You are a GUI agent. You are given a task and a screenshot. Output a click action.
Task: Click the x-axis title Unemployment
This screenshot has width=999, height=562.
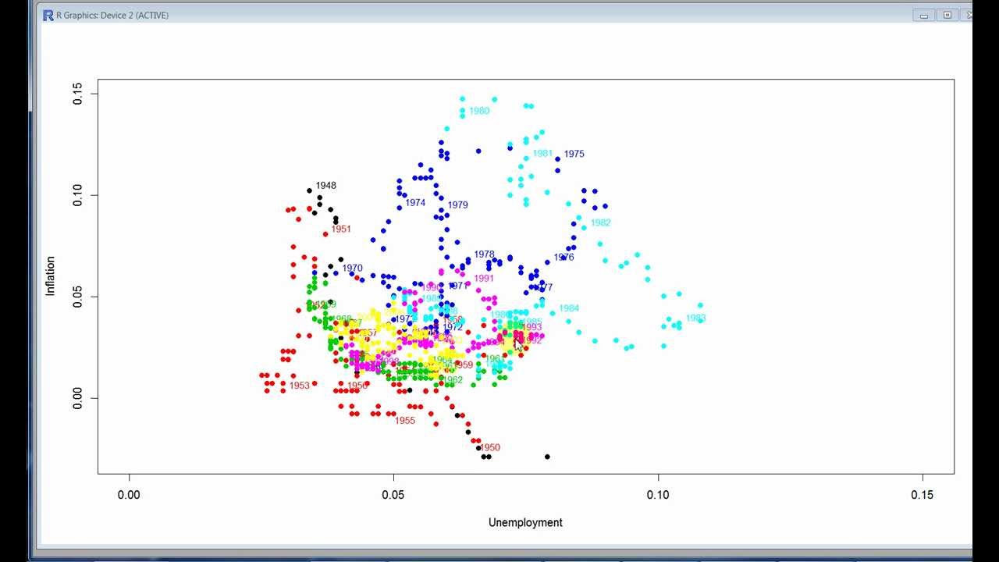[525, 522]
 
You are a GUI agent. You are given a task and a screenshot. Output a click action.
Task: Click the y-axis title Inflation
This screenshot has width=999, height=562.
[51, 276]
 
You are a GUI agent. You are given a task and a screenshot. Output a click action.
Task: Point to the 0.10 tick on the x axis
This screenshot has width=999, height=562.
[658, 493]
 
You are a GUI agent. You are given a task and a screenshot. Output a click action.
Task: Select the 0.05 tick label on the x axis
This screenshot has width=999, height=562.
[393, 493]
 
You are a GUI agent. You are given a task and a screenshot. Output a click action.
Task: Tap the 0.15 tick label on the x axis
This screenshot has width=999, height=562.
[923, 493]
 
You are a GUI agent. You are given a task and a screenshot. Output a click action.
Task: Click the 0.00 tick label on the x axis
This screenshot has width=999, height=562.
[129, 493]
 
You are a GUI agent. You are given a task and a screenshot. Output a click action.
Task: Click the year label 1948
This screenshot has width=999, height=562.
[326, 186]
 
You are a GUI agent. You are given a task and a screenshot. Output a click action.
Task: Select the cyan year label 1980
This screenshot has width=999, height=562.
[479, 111]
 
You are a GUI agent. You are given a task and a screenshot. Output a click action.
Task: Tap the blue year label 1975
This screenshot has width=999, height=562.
[574, 154]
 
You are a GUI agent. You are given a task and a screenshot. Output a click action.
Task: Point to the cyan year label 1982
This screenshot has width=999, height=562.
[600, 222]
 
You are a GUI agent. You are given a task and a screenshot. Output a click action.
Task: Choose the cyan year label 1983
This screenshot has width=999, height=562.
[695, 318]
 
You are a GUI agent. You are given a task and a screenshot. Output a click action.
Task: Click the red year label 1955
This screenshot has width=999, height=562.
[405, 421]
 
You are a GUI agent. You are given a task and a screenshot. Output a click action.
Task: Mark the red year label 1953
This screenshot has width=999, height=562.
[300, 386]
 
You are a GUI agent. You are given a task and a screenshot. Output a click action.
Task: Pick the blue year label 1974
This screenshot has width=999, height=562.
[415, 203]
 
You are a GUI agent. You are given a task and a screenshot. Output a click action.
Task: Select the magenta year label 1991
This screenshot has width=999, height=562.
[484, 279]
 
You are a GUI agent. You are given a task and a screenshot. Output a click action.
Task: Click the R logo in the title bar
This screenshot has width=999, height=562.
[48, 15]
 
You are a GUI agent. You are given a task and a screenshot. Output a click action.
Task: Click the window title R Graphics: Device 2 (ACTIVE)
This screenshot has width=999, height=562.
[112, 15]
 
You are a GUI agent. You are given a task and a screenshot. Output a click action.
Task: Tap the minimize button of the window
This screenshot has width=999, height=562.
[924, 15]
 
